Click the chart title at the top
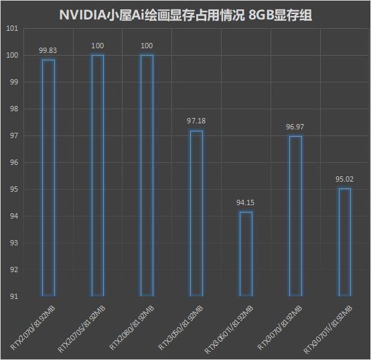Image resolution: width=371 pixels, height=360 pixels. click(185, 15)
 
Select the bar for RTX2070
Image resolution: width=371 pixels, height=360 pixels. click(42, 178)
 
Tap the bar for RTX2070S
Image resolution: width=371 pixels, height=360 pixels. click(92, 175)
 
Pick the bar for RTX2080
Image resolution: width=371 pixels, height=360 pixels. click(141, 175)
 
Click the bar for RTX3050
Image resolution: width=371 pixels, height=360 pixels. click(191, 213)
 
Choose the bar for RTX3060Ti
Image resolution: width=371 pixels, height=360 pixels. click(240, 254)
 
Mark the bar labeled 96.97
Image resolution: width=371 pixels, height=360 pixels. click(289, 216)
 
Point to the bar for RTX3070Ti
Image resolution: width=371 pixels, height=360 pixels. click(340, 242)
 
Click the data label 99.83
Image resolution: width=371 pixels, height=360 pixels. click(48, 50)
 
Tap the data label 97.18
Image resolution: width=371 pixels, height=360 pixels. click(196, 121)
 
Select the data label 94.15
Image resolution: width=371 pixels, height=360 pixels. click(245, 202)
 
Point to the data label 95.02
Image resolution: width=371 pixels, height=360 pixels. click(344, 179)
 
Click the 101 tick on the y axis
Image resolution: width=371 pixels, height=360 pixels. click(12, 29)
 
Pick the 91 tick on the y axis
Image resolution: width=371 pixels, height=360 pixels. click(14, 296)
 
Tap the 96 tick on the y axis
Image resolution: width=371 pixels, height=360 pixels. click(14, 162)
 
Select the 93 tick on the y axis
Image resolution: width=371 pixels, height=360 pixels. click(14, 243)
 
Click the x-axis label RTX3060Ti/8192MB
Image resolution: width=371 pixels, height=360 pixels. click(229, 329)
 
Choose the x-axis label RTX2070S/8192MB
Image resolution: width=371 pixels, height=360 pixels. click(81, 329)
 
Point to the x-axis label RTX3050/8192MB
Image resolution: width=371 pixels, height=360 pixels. click(181, 328)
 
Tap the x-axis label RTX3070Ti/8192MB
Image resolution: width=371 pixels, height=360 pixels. click(328, 329)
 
